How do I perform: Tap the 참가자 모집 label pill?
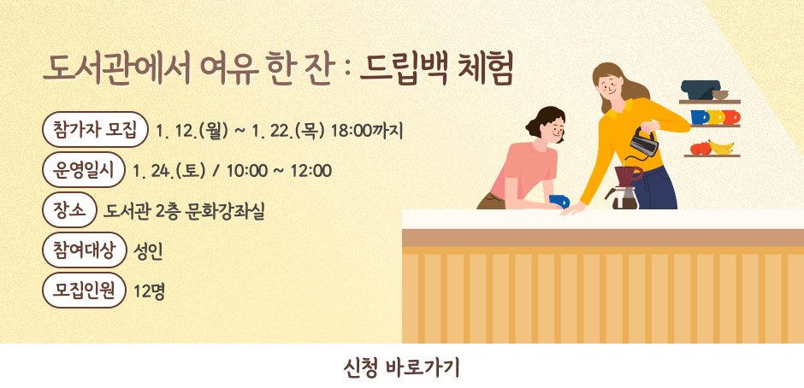click(95, 131)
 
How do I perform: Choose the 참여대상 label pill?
click(84, 250)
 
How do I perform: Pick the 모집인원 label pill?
click(84, 290)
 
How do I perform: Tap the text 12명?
click(150, 291)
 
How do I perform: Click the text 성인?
click(149, 250)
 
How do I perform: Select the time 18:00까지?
click(367, 132)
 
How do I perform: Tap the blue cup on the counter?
click(559, 201)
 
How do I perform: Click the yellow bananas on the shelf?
click(722, 147)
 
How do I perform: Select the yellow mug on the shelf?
click(714, 117)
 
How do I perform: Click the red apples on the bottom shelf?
click(700, 148)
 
